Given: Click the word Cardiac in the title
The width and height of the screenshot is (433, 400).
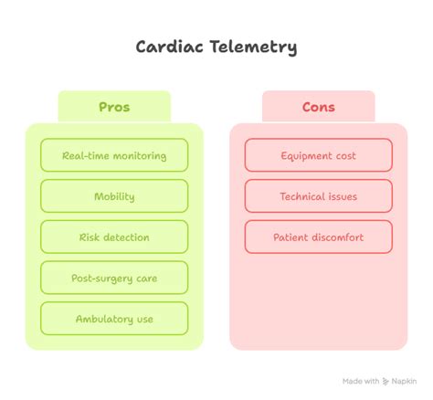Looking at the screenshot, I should click(x=166, y=46).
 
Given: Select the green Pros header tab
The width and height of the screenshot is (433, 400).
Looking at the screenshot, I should click(x=114, y=107).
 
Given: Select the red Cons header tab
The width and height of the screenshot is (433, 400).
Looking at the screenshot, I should click(x=318, y=107).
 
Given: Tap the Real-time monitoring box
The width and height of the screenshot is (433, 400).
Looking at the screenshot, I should click(x=114, y=155).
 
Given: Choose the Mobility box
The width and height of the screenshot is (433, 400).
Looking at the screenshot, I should click(x=114, y=196).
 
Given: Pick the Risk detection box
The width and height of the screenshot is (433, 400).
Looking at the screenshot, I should click(x=114, y=237).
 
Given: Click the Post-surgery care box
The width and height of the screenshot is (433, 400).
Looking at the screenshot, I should click(x=114, y=278).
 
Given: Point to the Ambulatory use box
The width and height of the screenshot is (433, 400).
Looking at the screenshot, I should click(x=114, y=319).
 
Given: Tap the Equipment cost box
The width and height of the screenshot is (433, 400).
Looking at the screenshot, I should click(x=318, y=155).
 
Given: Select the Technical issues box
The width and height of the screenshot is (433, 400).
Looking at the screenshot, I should click(x=318, y=196).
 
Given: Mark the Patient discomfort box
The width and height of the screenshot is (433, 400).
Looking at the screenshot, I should click(x=318, y=237).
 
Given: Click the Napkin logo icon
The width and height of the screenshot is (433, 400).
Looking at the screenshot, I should click(x=387, y=381).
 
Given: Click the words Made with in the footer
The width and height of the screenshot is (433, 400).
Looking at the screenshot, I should click(x=360, y=381).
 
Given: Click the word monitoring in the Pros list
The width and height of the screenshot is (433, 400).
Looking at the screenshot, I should click(x=135, y=155).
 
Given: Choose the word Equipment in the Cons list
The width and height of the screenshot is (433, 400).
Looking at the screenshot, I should click(x=305, y=155).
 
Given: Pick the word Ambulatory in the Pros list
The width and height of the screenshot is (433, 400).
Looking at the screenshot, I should click(x=103, y=319).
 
